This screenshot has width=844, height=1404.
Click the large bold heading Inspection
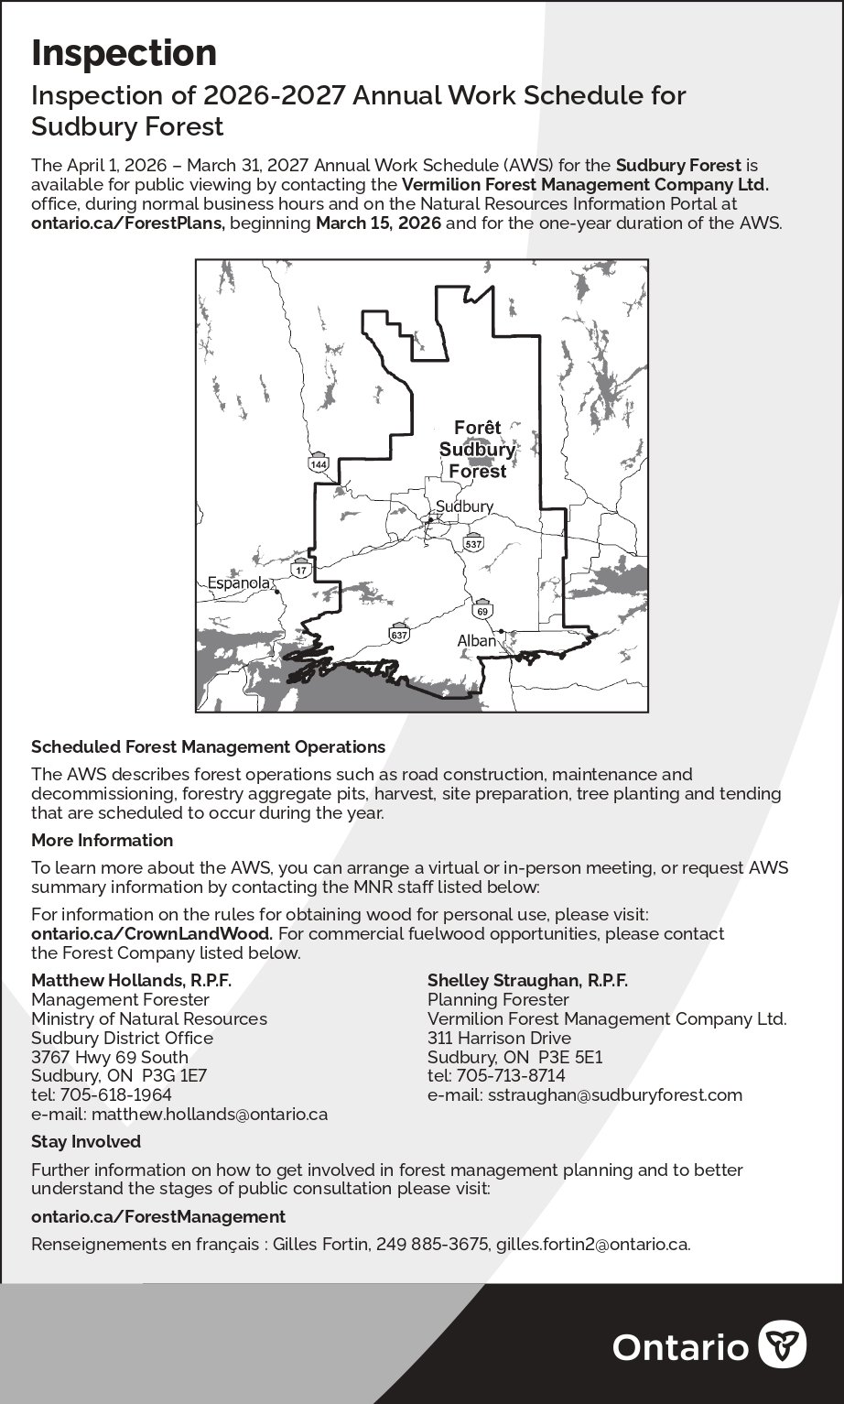point(124,54)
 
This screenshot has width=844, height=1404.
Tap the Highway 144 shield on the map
point(318,463)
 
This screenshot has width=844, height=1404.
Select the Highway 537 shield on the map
point(472,542)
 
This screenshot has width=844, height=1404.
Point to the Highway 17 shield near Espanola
point(301,570)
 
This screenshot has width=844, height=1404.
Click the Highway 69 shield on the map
point(482,609)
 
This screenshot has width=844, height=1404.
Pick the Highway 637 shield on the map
point(399,633)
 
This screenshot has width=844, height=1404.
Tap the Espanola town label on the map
point(238,582)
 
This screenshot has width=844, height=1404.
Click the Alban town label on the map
point(476,641)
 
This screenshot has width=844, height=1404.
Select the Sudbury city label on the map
point(464,506)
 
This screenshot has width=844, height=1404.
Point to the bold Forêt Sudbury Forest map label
point(477,450)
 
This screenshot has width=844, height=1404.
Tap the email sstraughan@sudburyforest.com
point(614,1094)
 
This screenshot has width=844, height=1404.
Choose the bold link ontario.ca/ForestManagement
point(158,1216)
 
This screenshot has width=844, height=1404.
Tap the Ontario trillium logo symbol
point(783,1345)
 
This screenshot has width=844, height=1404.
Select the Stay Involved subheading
point(86,1141)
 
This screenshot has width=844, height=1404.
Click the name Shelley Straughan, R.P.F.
point(527,980)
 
